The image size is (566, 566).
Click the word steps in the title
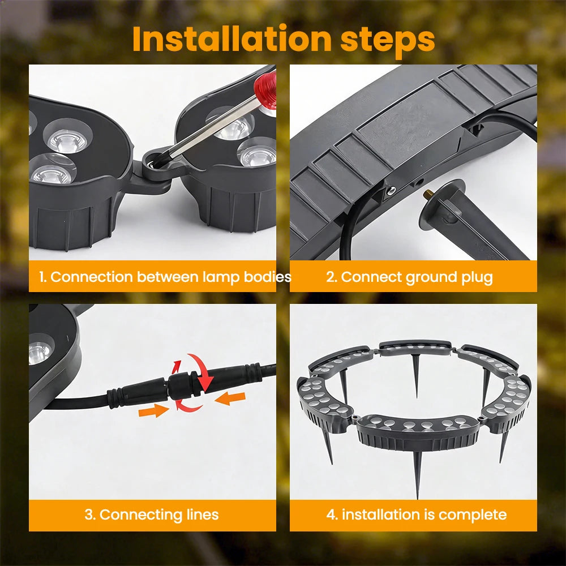tap(387, 40)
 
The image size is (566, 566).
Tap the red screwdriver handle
tap(266, 89)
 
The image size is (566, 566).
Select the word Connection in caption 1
tap(92, 277)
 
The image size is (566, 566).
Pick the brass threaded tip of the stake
tap(428, 194)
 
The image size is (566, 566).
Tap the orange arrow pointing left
tap(230, 398)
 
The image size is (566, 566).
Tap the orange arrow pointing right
tap(154, 410)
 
